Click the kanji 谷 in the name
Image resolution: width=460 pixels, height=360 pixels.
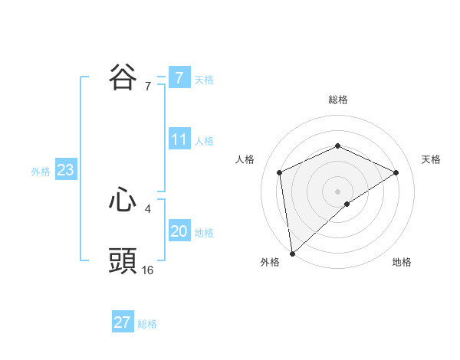pos(123,78)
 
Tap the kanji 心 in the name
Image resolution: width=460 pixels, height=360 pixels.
pos(123,201)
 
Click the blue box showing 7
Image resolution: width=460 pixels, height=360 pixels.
pos(179,77)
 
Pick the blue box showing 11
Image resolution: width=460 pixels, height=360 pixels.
pos(179,139)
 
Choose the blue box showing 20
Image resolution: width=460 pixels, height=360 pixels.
pos(179,231)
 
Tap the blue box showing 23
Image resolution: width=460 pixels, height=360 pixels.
pos(65,170)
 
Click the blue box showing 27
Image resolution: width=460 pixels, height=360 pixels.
pos(123,322)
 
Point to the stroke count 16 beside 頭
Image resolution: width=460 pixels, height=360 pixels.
pos(148,270)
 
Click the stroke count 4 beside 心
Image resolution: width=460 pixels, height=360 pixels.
pos(148,208)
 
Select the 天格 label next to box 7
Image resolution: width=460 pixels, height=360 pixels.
pos(204,79)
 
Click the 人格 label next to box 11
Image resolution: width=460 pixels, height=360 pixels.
pos(204,141)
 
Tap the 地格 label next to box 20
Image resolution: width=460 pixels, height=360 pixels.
pos(204,233)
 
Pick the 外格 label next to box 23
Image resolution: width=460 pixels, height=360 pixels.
pos(41,172)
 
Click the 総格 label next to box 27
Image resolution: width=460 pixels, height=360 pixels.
pos(147,324)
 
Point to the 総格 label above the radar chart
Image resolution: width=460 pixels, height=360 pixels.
pos(337,100)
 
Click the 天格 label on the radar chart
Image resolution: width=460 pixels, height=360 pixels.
pos(432,159)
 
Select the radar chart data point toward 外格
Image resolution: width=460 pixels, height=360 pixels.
pos(291,254)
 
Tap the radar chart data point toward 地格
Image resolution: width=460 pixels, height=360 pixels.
pos(347,204)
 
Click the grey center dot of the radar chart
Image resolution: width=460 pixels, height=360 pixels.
pos(337,191)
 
